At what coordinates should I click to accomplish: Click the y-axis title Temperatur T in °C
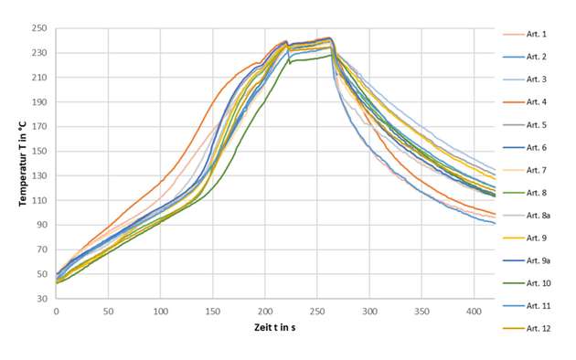coord(23,163)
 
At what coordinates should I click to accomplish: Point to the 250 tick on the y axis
coord(41,29)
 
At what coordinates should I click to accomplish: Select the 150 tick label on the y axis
coord(41,152)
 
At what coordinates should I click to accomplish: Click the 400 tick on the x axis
coord(475,311)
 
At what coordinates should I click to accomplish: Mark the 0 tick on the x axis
coord(56,311)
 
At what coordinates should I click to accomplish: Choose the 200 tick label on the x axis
coord(265,311)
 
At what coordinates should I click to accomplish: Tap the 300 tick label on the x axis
coord(369,311)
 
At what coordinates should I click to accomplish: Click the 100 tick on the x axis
coord(160,311)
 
